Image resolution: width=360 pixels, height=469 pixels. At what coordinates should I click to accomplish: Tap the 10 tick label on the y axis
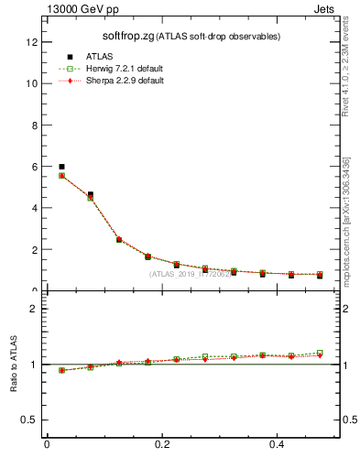tap(31, 83)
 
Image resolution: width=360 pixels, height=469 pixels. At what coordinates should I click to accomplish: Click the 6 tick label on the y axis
tap(34, 167)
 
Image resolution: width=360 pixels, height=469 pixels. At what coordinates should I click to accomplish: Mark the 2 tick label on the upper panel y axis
tap(34, 249)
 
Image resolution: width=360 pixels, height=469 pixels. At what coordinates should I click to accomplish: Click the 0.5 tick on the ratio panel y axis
tap(30, 420)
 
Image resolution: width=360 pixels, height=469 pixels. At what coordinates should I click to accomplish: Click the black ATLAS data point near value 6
tap(61, 167)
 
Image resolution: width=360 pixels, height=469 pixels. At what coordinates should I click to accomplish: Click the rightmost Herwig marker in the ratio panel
tap(320, 352)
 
